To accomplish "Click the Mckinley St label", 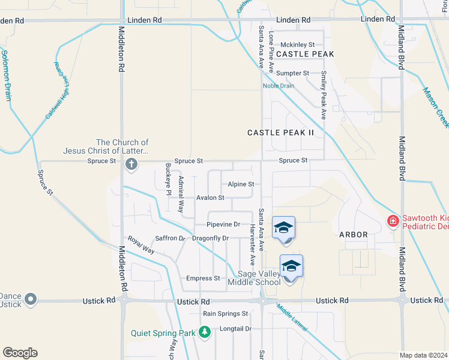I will [298, 44].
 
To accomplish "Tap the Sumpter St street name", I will [292, 73].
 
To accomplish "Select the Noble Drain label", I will [279, 85].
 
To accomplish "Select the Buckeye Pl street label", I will [168, 180].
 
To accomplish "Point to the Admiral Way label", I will [180, 196].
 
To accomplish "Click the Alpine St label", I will [241, 184].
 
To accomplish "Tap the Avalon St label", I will [210, 197].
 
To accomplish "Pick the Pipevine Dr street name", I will [223, 224].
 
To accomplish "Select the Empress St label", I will [203, 278].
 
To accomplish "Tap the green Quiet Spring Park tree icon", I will [205, 332].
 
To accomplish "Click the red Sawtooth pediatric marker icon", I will [393, 221].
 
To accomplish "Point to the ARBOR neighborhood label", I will [353, 235].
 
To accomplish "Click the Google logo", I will [20, 353].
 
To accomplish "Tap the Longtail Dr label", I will [235, 328].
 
